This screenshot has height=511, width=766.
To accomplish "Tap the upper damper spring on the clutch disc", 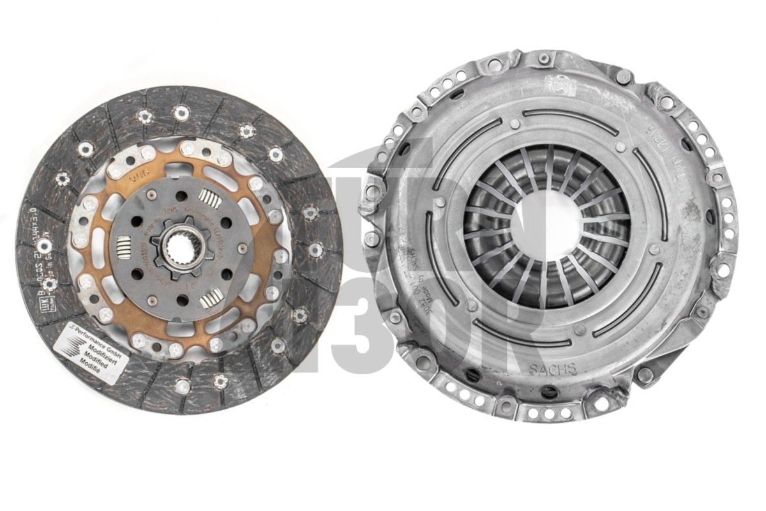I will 210,199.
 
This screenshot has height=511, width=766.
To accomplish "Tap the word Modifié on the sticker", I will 90,361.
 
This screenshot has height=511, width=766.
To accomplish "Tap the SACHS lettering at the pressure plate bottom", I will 553,369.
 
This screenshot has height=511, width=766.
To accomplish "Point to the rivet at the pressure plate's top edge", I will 543,59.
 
